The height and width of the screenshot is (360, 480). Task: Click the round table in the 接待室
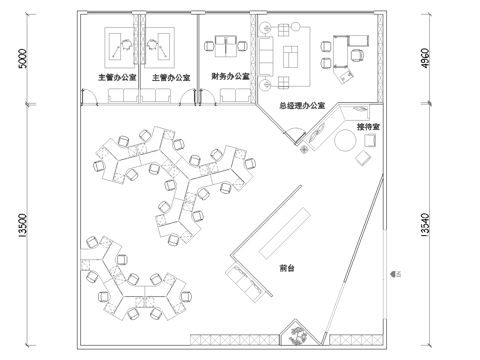coord(344,142)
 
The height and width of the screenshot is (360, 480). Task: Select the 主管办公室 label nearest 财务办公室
coord(168,77)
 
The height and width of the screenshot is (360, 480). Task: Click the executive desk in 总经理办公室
coord(352,43)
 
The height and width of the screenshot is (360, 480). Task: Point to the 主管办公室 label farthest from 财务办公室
coord(113,77)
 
